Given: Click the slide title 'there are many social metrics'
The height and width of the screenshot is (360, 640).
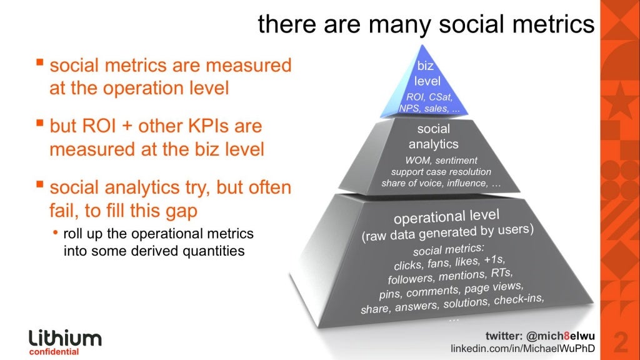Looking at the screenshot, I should [426, 24].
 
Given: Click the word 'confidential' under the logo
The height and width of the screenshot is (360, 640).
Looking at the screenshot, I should [54, 352].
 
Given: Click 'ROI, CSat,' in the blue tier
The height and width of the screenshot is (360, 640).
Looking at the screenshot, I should [429, 97].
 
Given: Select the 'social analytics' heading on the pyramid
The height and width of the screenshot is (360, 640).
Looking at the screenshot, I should [433, 137].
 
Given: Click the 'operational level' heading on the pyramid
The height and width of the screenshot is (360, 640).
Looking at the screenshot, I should [446, 218].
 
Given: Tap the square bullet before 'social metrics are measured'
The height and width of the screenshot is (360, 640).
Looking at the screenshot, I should [40, 63].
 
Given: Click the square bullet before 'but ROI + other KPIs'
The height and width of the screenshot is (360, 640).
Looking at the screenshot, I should [40, 124].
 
